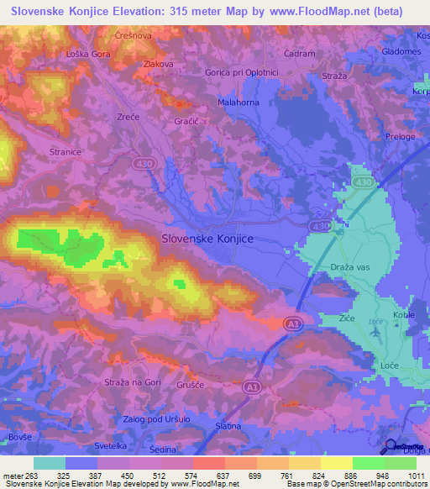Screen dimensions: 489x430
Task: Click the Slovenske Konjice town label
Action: (207, 239)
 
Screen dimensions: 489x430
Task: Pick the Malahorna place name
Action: (239, 101)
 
